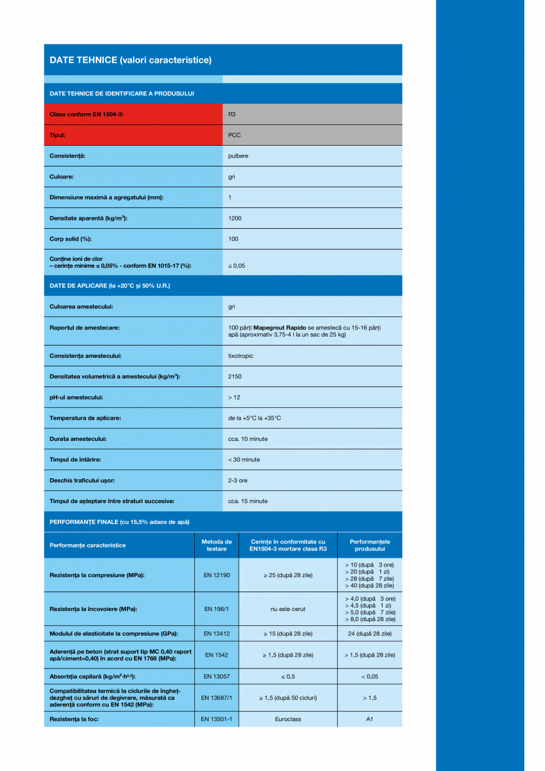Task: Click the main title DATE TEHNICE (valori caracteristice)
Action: point(130,60)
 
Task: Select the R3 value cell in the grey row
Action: point(232,114)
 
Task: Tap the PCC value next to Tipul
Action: point(235,135)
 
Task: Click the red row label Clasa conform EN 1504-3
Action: point(86,114)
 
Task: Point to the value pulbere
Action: point(238,156)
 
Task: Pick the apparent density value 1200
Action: point(235,218)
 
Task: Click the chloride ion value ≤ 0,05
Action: point(236,265)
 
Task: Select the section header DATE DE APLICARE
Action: point(110,286)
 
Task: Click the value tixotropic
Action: point(241,356)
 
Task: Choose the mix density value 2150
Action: point(235,376)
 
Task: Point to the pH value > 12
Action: point(234,397)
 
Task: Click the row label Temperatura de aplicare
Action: point(85,418)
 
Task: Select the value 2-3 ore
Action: point(238,480)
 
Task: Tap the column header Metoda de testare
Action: point(216,545)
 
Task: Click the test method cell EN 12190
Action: point(216,575)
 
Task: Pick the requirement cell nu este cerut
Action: point(288,609)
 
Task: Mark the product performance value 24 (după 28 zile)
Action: point(370,634)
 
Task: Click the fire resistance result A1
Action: point(370,719)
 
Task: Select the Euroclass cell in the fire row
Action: point(288,719)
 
